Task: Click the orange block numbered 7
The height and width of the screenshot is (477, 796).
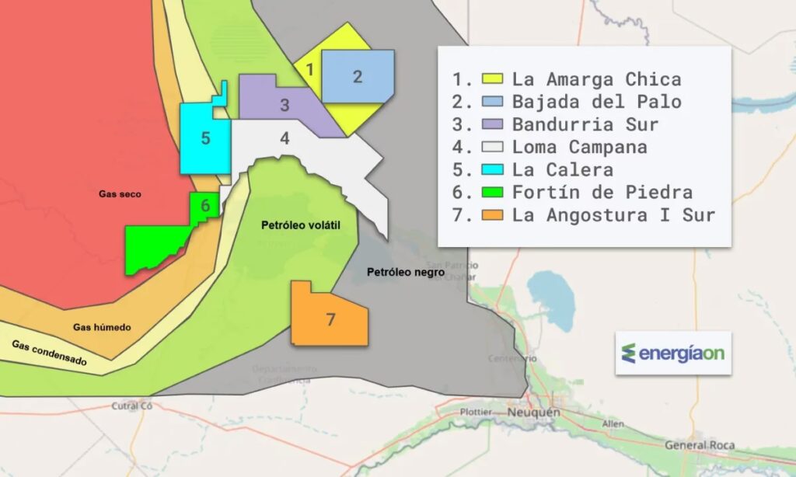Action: point(330,319)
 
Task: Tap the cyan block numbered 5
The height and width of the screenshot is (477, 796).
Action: point(205,138)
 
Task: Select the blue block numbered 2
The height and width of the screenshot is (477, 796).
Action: point(357,76)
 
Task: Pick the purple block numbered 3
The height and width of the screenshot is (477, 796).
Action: point(285,105)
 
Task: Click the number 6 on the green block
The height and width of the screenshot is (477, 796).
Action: point(204,206)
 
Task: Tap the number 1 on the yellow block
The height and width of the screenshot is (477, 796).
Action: point(309,69)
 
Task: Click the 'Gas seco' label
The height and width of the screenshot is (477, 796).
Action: point(120,194)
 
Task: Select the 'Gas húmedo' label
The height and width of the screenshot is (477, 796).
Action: point(102,328)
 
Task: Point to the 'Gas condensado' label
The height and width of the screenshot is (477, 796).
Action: point(49,353)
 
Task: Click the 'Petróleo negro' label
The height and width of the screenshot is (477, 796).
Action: point(405,273)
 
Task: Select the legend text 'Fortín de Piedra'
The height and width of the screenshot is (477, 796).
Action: point(602,192)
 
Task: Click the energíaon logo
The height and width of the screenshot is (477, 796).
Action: point(673,353)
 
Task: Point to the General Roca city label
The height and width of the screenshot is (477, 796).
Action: point(700,445)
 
